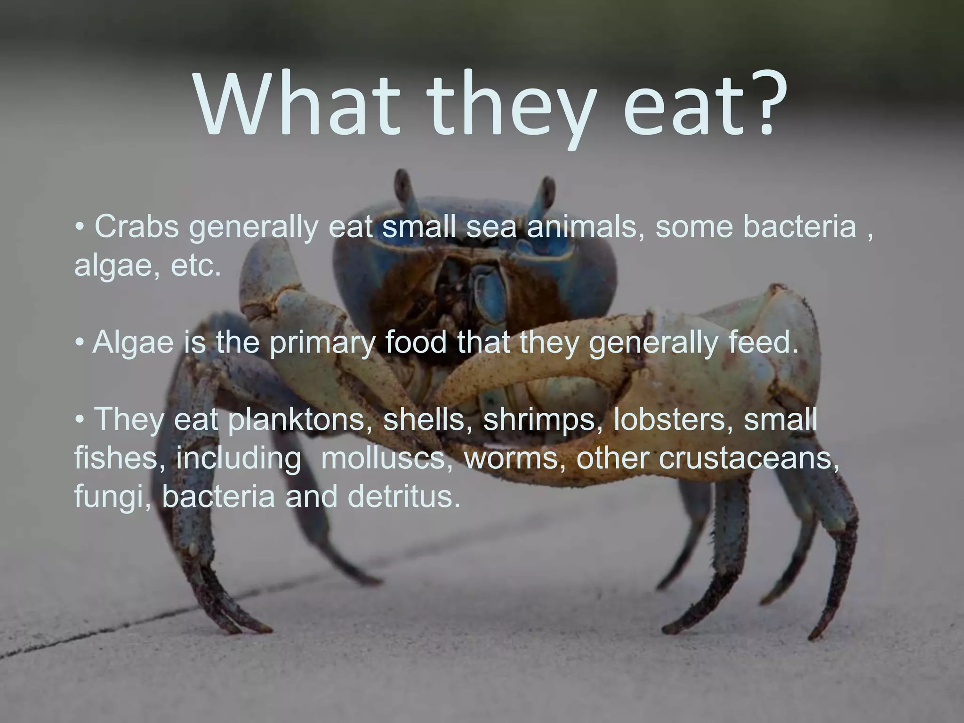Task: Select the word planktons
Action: click(296, 420)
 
